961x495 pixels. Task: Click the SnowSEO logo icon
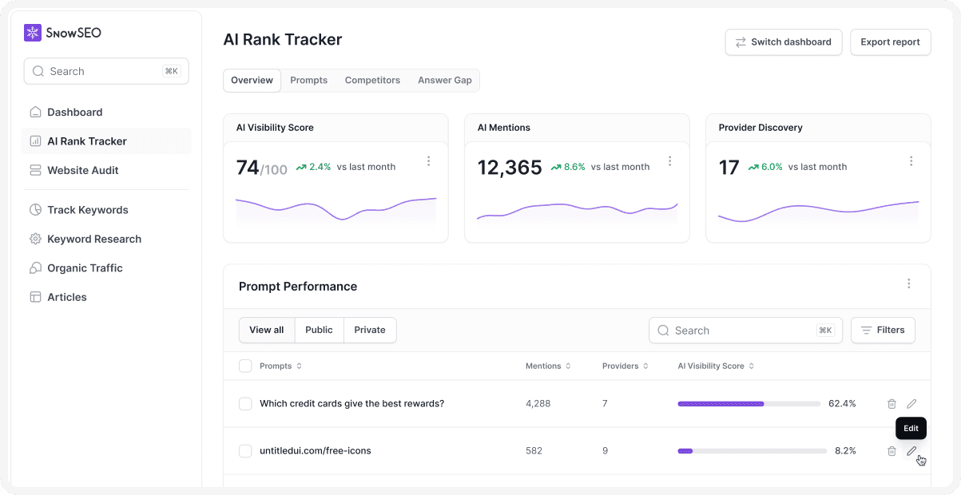point(33,33)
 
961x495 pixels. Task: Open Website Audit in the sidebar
point(82,170)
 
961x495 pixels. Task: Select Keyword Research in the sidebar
point(93,239)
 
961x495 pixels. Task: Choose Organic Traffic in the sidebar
point(85,268)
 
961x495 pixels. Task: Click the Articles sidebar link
point(66,297)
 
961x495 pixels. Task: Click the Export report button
point(890,42)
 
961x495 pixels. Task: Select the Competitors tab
point(372,81)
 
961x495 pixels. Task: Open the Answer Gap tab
point(444,81)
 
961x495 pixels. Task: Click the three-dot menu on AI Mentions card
point(669,161)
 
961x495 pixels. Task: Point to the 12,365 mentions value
point(509,168)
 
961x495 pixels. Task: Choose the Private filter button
point(369,331)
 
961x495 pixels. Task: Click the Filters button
point(883,331)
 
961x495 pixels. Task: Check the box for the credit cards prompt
point(245,404)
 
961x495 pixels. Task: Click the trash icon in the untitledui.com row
point(892,451)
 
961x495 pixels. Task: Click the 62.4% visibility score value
point(842,404)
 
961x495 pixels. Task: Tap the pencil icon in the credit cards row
point(911,404)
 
